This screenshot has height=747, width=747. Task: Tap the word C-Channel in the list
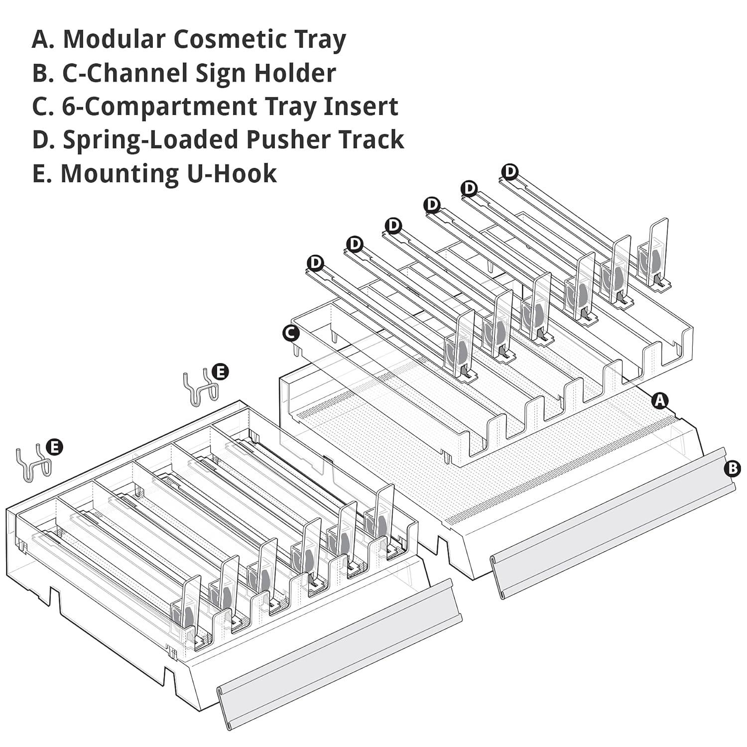(124, 73)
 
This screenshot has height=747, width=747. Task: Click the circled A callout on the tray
(660, 400)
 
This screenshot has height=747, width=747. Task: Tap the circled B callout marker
(733, 468)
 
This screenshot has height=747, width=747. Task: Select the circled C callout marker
(290, 333)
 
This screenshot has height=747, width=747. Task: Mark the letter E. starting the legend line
(41, 173)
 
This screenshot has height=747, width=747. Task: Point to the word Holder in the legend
(295, 73)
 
